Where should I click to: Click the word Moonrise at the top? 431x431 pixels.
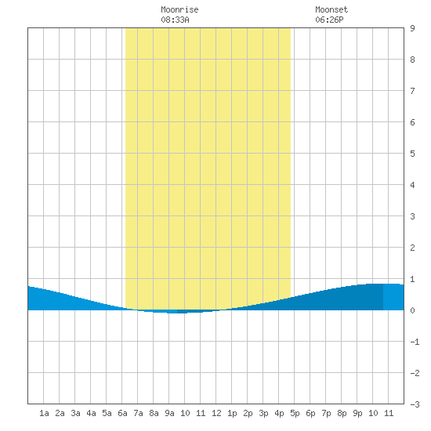point(179,9)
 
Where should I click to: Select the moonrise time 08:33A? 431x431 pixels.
point(175,20)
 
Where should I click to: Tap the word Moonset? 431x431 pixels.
point(331,9)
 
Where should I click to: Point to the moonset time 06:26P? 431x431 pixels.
point(329,20)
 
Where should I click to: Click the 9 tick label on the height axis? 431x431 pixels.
point(412,28)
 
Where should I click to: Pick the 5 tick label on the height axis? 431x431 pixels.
point(412,154)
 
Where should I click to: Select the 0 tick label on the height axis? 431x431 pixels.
point(412,310)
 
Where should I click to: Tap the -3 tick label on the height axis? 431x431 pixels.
point(415,404)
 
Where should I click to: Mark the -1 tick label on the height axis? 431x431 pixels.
point(415,342)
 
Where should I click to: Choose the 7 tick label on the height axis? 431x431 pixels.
point(412,91)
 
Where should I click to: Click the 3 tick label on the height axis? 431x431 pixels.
point(412,216)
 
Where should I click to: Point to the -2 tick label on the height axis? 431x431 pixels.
point(415,373)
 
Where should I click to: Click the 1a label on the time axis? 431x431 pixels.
point(44,413)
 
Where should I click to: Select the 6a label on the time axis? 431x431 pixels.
point(122,413)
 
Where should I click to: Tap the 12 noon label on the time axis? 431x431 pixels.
point(216,413)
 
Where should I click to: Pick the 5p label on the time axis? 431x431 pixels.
point(295,413)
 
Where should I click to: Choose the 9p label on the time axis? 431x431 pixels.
point(357,413)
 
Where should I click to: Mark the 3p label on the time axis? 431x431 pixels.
point(263,413)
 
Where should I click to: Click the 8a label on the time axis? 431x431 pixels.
point(154,413)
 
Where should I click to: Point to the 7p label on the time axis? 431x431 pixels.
point(326,413)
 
